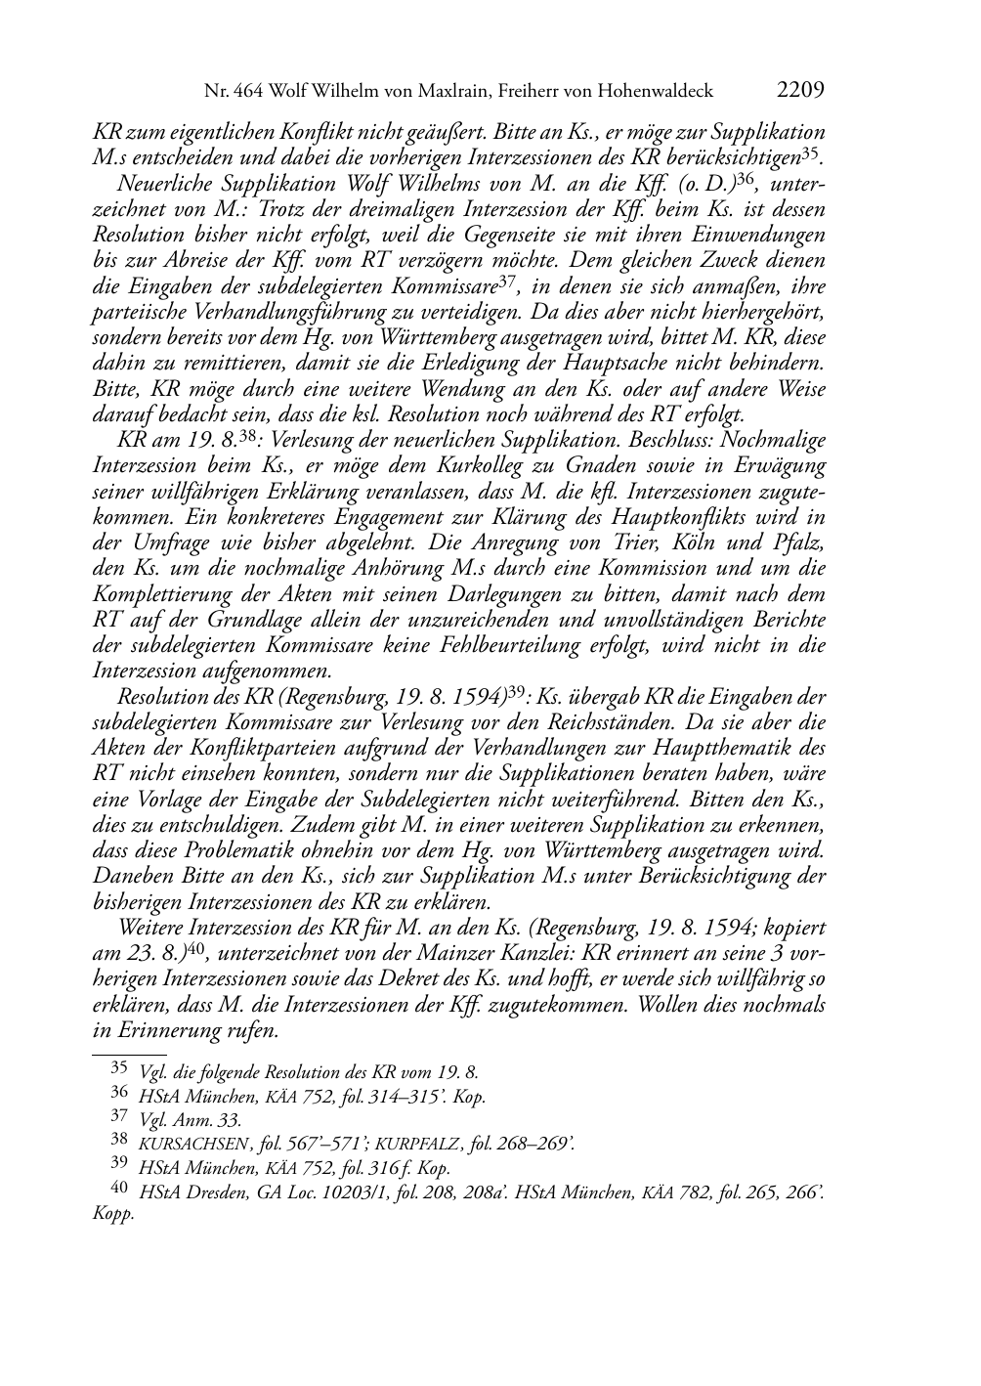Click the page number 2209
click(x=801, y=91)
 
